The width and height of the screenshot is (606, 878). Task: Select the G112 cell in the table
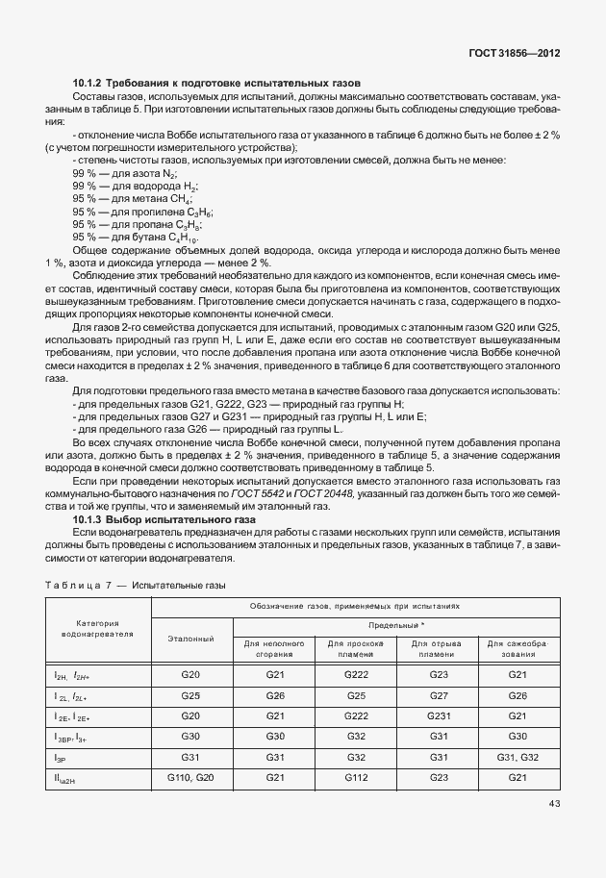tap(357, 777)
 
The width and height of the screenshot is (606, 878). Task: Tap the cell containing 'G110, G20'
tap(190, 777)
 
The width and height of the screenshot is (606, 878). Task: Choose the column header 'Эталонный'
tap(190, 638)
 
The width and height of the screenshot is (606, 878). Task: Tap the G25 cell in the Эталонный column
tap(190, 695)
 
